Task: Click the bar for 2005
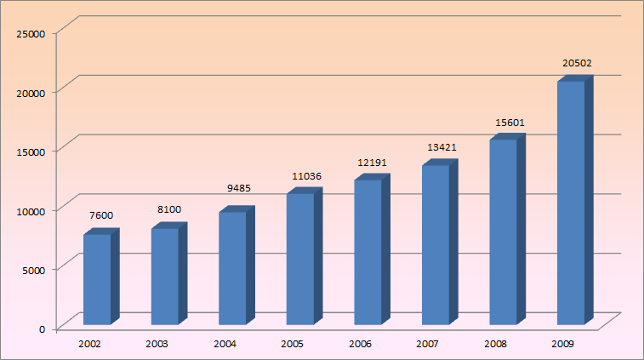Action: [299, 259]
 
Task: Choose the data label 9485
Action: [236, 189]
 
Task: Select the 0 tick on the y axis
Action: [42, 329]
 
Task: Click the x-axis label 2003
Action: [157, 344]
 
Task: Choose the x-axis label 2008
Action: [496, 344]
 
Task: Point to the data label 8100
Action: [168, 209]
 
